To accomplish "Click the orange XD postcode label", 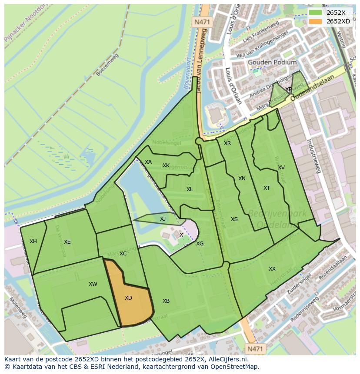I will pyautogui.click(x=128, y=298).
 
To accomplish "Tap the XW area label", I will pyautogui.click(x=93, y=284).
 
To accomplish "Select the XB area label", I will pyautogui.click(x=166, y=301).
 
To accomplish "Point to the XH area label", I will pyautogui.click(x=33, y=242).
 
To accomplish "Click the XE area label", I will pyautogui.click(x=67, y=242).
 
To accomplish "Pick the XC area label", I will pyautogui.click(x=123, y=254).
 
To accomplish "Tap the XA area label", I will pyautogui.click(x=148, y=162).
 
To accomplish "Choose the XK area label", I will pyautogui.click(x=166, y=165).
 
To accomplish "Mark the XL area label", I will pyautogui.click(x=190, y=189).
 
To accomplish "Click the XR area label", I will pyautogui.click(x=227, y=143).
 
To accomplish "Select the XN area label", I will pyautogui.click(x=242, y=179).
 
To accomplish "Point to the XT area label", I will pyautogui.click(x=267, y=188).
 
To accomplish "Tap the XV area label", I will pyautogui.click(x=281, y=168).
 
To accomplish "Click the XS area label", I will pyautogui.click(x=234, y=219).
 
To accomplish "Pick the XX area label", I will pyautogui.click(x=272, y=269).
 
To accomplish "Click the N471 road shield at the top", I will pyautogui.click(x=201, y=21).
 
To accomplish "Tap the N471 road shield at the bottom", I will pyautogui.click(x=254, y=348).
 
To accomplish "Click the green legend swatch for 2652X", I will pyautogui.click(x=316, y=13).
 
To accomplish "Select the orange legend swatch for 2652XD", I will pyautogui.click(x=316, y=21).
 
